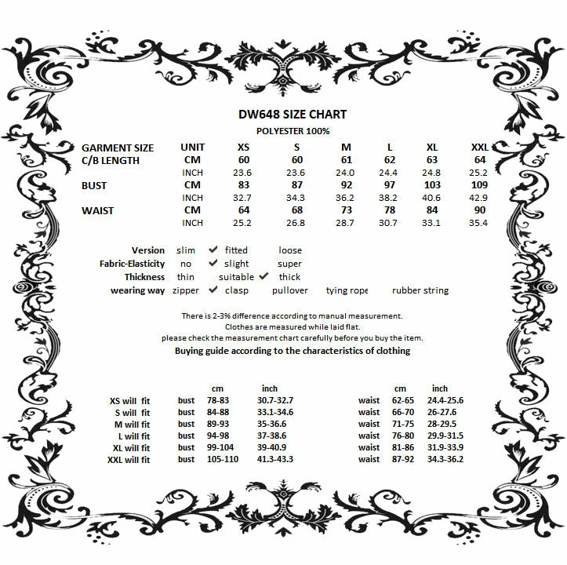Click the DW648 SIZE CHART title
[x=292, y=114]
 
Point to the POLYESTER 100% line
[x=292, y=131]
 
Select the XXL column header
[x=480, y=148]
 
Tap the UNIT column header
[x=192, y=148]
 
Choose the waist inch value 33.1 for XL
[x=431, y=224]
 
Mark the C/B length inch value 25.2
[x=480, y=173]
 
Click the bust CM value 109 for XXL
[x=480, y=185]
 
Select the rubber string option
[x=420, y=290]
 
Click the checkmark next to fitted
[x=213, y=250]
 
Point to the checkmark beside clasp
[x=213, y=290]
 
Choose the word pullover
[x=289, y=290]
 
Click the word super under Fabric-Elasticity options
[x=289, y=264]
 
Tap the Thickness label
[x=144, y=277]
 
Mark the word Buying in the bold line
[x=191, y=351]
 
